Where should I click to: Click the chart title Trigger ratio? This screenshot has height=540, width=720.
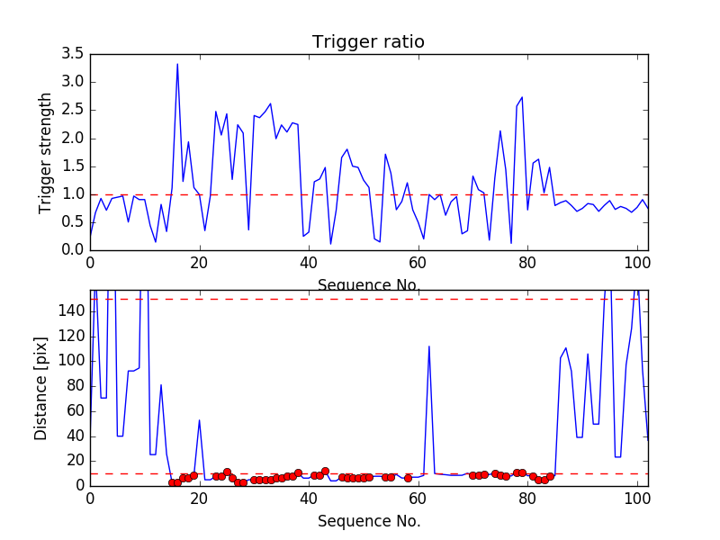tap(368, 41)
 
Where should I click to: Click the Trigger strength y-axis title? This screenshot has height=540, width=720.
tap(46, 152)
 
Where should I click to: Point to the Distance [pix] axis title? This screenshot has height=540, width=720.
tap(41, 388)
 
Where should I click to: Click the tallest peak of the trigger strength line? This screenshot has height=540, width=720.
tap(177, 64)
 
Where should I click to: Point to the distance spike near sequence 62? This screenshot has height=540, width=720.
tap(429, 346)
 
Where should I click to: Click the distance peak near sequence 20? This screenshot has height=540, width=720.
tap(199, 420)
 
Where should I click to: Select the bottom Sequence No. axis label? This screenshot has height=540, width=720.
tap(368, 521)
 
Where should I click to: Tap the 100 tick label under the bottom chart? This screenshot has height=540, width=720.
tap(637, 499)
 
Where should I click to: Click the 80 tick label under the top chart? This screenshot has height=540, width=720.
tap(527, 264)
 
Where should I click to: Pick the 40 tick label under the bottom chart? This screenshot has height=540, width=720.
tap(309, 499)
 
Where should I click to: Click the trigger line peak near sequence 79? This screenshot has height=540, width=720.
tap(522, 97)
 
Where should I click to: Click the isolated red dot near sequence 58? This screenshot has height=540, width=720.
tap(408, 478)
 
